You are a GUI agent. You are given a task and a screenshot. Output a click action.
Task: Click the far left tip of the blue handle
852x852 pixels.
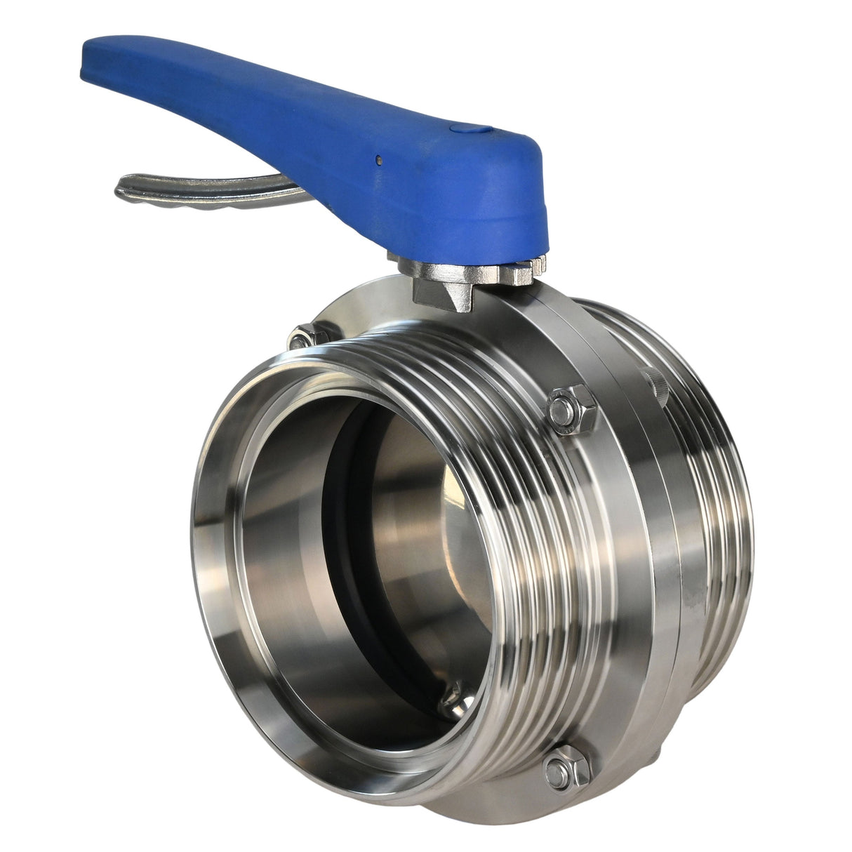87,70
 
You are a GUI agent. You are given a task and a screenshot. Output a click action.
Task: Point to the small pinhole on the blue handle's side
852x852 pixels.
378,159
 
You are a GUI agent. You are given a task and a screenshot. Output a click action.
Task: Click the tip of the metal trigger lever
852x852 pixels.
121,188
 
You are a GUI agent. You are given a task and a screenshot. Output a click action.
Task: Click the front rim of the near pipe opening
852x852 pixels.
211,561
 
